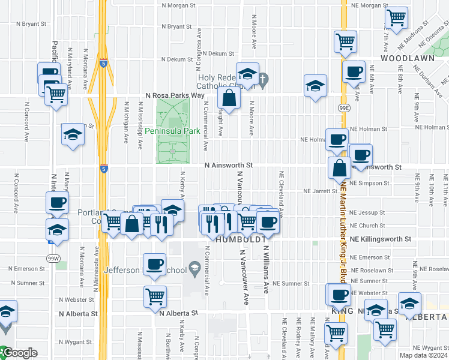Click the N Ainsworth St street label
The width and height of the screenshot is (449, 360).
[x=229, y=165]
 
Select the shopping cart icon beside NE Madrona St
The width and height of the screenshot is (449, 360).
[x=396, y=19]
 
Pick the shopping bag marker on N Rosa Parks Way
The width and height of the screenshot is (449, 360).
[x=229, y=97]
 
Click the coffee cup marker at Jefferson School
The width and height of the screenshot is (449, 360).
[x=154, y=265]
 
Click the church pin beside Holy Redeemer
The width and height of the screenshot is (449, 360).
[x=264, y=78]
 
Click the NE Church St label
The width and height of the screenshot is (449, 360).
[x=367, y=226]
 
